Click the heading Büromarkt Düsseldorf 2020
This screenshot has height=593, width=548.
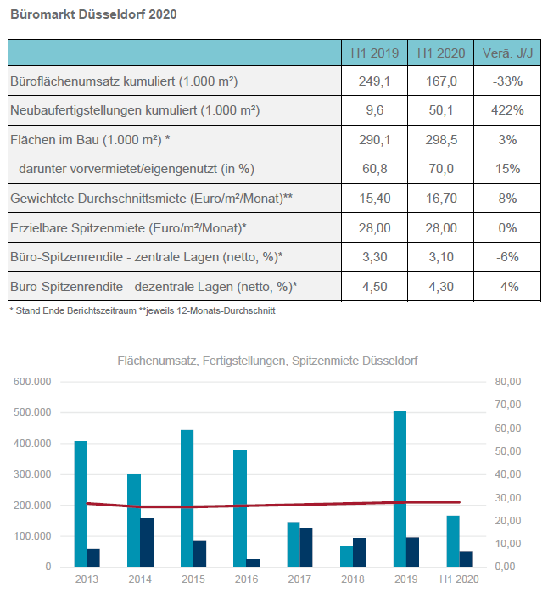click(x=94, y=14)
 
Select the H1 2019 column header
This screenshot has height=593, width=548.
click(x=374, y=53)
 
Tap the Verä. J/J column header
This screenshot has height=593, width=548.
click(x=507, y=53)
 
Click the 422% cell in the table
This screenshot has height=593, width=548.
click(x=507, y=110)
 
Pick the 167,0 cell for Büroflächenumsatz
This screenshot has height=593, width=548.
click(x=441, y=81)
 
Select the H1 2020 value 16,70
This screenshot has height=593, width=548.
click(x=441, y=199)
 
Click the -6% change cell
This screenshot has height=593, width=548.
click(x=507, y=257)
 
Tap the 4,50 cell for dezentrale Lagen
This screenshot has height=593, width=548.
click(x=374, y=286)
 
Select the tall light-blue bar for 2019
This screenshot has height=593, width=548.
click(x=400, y=489)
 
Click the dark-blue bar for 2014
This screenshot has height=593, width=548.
click(x=147, y=542)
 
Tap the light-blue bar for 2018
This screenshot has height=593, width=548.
click(x=346, y=557)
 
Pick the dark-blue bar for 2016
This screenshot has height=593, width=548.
click(x=253, y=562)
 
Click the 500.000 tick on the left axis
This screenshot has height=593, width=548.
click(x=32, y=412)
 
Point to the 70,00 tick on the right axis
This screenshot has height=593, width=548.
click(x=508, y=405)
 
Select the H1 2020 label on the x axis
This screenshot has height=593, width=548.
click(x=459, y=579)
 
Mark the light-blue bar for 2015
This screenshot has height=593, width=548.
click(x=187, y=498)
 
